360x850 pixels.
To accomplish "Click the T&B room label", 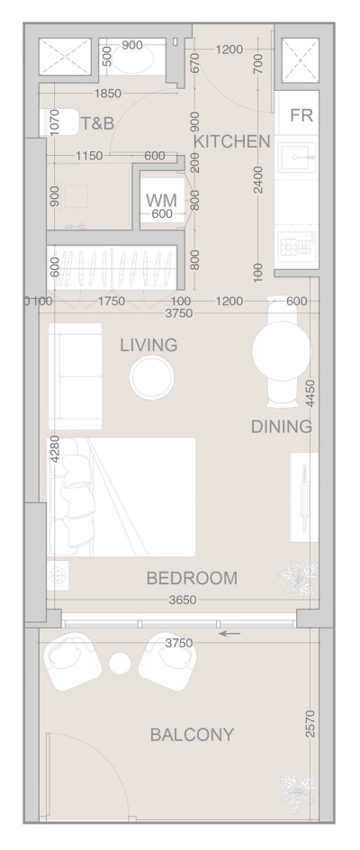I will click(97, 123).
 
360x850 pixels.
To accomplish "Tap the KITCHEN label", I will click(232, 141).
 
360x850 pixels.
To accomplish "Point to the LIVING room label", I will click(148, 345).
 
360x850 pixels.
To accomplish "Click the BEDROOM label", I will click(192, 577).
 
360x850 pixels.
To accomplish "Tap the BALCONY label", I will click(192, 735).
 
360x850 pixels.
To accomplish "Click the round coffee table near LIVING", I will click(150, 377).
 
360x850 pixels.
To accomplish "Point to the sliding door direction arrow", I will click(230, 634).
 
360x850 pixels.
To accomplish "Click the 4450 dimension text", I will click(310, 393).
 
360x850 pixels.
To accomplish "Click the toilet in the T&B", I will click(55, 121).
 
